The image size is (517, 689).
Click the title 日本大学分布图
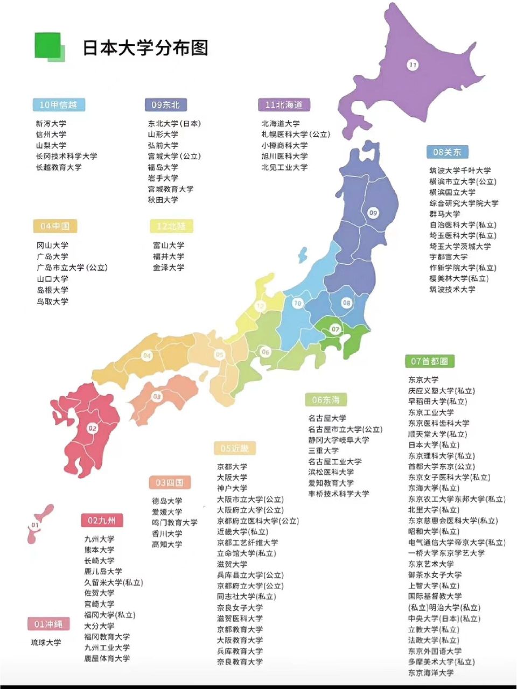(145, 48)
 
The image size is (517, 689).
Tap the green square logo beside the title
(50, 46)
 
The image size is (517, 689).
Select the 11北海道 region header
(284, 105)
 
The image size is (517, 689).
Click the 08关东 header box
(447, 152)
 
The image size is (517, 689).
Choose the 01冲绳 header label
(48, 624)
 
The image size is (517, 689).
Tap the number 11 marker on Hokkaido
(413, 65)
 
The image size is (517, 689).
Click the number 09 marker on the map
(373, 213)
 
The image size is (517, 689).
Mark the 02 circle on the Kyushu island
(93, 428)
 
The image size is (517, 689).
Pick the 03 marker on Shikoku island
(157, 397)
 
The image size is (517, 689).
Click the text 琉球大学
(46, 643)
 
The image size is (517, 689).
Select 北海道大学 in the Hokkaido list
(281, 124)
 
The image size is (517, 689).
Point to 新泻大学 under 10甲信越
(51, 124)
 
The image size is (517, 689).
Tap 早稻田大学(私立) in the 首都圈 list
(437, 402)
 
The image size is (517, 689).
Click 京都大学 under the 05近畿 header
(232, 467)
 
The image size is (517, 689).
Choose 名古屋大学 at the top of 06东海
(327, 418)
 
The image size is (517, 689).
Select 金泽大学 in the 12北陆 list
(169, 268)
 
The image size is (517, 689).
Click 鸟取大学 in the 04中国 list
(52, 301)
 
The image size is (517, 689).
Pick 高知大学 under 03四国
(167, 545)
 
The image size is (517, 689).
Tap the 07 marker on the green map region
(336, 329)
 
